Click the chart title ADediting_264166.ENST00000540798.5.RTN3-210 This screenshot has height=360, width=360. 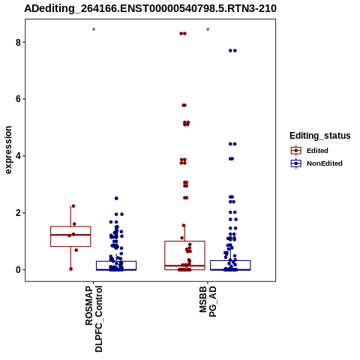pyautogui.click(x=150, y=8)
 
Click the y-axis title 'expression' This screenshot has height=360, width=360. pyautogui.click(x=8, y=150)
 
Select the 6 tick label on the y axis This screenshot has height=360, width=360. pyautogui.click(x=18, y=99)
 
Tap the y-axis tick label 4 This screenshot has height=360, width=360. pyautogui.click(x=18, y=156)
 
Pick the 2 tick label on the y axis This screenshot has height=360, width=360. pyautogui.click(x=18, y=213)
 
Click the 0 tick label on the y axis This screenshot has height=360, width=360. pyautogui.click(x=18, y=270)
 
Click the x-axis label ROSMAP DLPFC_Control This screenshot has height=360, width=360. pyautogui.click(x=94, y=319)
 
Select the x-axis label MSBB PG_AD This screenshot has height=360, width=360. pyautogui.click(x=208, y=301)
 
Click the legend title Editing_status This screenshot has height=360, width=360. pyautogui.click(x=320, y=136)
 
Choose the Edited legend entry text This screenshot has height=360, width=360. pyautogui.click(x=317, y=151)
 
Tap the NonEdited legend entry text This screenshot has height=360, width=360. pyautogui.click(x=325, y=163)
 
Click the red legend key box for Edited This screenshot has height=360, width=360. pyautogui.click(x=296, y=151)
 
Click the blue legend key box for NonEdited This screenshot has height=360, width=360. pyautogui.click(x=296, y=163)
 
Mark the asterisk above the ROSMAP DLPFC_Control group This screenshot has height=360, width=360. pyautogui.click(x=94, y=30)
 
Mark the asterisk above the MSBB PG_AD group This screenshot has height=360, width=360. pyautogui.click(x=208, y=30)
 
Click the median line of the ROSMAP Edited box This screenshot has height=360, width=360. pyautogui.click(x=70, y=235)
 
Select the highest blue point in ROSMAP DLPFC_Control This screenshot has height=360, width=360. pyautogui.click(x=116, y=198)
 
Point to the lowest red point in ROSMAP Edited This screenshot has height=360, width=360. pyautogui.click(x=70, y=269)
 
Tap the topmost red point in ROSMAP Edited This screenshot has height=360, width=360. pyautogui.click(x=73, y=206)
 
